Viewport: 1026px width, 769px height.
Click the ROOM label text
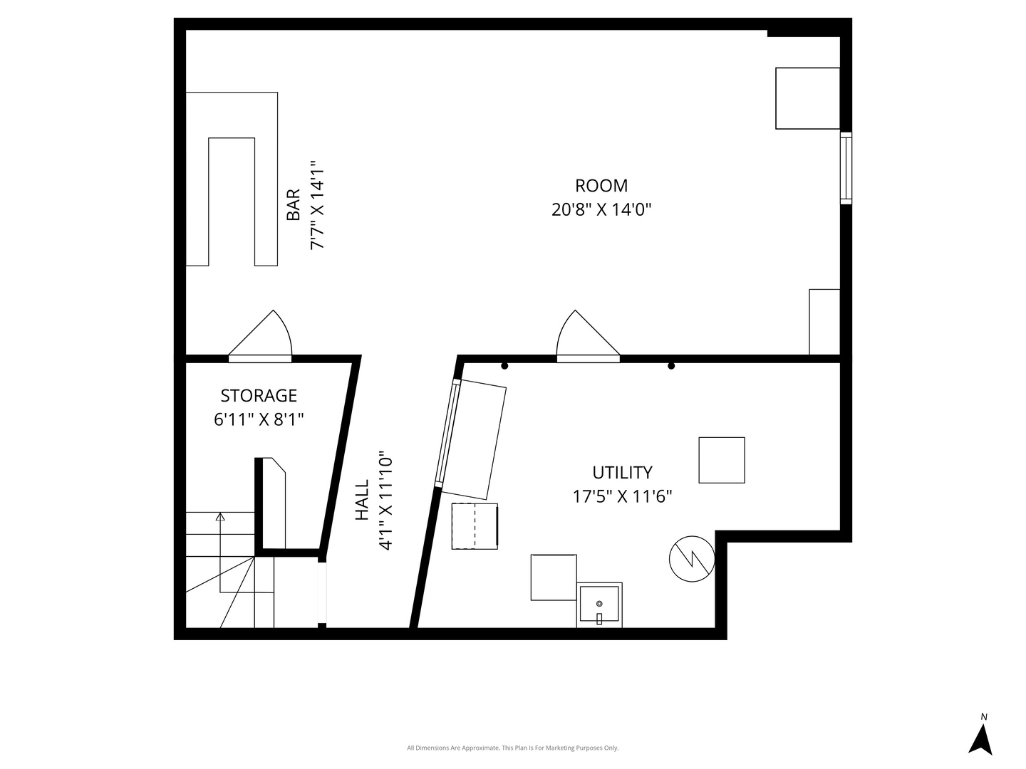click(601, 186)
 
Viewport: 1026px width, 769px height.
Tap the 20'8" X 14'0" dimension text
click(601, 210)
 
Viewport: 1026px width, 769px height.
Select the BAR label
click(293, 205)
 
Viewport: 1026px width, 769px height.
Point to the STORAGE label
click(259, 396)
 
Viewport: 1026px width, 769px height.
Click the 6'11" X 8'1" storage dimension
click(259, 419)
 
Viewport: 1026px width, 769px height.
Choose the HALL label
click(362, 500)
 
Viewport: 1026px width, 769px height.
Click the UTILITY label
click(622, 473)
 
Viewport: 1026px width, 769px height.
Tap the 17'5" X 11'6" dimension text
click(622, 496)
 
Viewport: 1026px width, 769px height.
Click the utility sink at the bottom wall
click(599, 605)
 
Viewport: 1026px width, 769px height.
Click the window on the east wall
click(846, 168)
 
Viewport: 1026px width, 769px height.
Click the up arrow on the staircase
click(220, 517)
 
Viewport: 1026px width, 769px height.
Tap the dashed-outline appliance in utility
click(475, 526)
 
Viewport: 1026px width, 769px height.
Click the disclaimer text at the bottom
click(512, 748)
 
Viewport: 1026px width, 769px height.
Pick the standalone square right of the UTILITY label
click(721, 461)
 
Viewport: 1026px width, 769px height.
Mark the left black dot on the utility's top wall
click(504, 366)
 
